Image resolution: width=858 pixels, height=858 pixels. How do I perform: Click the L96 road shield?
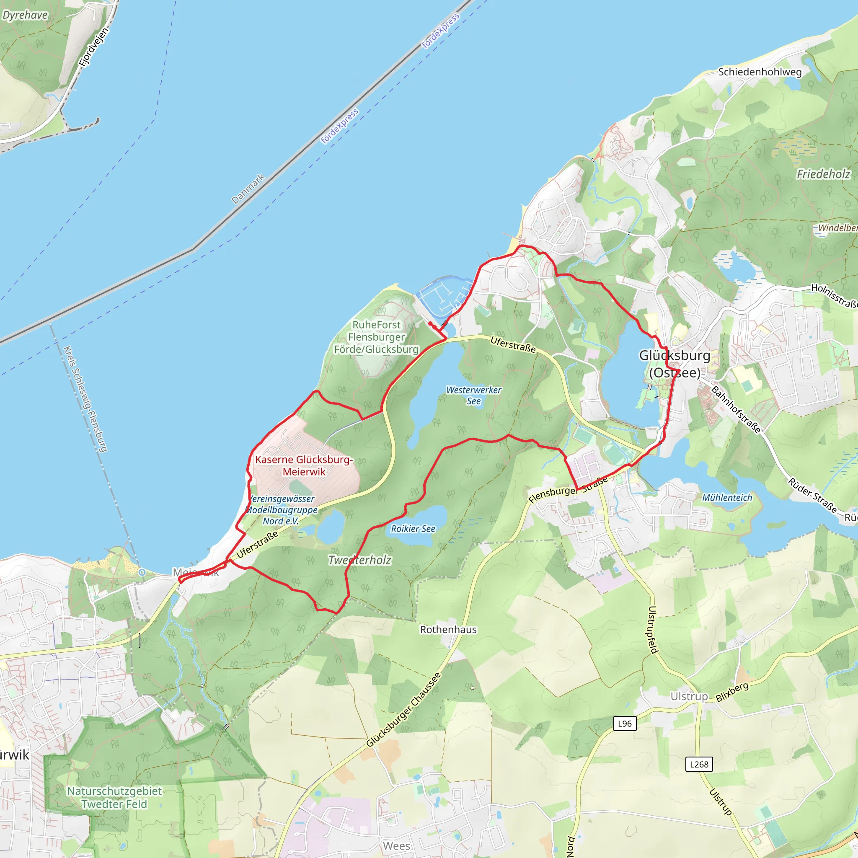(x=624, y=724)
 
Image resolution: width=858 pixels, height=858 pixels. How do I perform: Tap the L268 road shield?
(x=699, y=764)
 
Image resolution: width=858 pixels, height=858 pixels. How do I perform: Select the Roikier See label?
(x=413, y=528)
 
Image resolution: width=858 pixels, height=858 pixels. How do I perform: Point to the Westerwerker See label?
(x=474, y=395)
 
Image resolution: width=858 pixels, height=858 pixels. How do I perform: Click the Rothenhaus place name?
(x=448, y=629)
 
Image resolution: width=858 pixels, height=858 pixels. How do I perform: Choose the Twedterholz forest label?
(x=360, y=560)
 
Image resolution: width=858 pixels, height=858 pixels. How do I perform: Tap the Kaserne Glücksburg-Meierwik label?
(x=304, y=465)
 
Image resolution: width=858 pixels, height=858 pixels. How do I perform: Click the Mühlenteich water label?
(x=727, y=497)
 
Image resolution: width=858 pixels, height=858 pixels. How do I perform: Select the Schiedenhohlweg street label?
(x=760, y=72)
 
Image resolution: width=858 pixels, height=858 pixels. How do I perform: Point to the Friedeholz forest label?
(x=823, y=174)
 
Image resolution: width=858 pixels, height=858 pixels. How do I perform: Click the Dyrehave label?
(x=25, y=15)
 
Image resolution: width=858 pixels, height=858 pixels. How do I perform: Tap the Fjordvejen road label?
(x=93, y=47)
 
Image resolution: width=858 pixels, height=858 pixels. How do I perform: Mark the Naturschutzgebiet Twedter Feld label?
(x=114, y=797)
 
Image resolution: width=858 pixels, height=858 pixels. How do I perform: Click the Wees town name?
(x=397, y=845)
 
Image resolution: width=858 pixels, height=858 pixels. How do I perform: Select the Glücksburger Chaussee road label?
(x=404, y=710)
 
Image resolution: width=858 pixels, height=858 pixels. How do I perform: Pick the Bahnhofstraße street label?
(x=736, y=409)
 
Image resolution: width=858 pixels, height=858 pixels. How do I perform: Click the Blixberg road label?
(x=732, y=692)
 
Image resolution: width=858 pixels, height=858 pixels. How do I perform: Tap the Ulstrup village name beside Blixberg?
(x=689, y=696)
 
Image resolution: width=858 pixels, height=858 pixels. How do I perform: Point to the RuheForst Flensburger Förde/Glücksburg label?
(x=376, y=337)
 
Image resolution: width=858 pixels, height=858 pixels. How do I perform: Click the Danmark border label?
(x=248, y=189)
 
